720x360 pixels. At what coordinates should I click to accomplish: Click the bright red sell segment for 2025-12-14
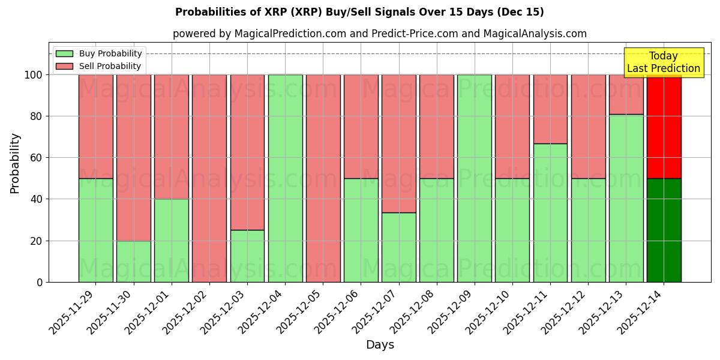point(664,127)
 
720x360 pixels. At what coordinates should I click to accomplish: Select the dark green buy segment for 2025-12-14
point(664,230)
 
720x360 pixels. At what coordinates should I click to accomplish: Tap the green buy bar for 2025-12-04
point(285,178)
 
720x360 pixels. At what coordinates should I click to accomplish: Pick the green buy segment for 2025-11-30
point(133,261)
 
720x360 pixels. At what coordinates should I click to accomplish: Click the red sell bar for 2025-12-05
point(323,178)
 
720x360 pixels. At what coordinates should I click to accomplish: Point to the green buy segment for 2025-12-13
point(626,198)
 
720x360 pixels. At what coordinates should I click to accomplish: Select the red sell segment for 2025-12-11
point(550,109)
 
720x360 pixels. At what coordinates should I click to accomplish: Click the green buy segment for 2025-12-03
point(247,256)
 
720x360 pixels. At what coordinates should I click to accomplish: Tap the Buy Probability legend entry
point(98,53)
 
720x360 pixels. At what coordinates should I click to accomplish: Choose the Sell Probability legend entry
point(98,66)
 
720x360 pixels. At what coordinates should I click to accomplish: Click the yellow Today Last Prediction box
point(663,62)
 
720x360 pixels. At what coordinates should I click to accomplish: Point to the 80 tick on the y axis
point(37,116)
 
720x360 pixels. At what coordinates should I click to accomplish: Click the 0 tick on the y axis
point(40,282)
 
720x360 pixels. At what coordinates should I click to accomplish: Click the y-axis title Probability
point(15,163)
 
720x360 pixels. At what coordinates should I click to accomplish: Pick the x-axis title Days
point(380,345)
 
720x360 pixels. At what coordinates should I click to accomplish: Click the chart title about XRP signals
point(359,12)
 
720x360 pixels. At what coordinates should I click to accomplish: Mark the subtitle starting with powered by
point(379,34)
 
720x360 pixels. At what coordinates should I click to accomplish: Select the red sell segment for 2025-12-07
point(398,143)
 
